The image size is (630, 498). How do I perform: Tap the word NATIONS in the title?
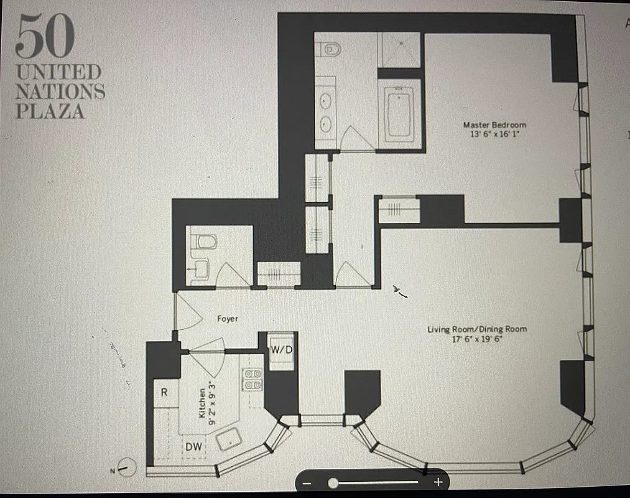pyautogui.click(x=60, y=92)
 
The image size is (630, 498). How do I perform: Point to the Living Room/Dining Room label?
pyautogui.click(x=477, y=329)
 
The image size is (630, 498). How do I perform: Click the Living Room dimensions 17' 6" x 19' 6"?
pyautogui.click(x=477, y=339)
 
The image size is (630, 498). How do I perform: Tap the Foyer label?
pyautogui.click(x=227, y=319)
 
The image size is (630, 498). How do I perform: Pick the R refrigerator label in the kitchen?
pyautogui.click(x=164, y=392)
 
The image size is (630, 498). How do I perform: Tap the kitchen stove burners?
pyautogui.click(x=252, y=379)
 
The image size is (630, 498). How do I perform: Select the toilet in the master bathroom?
pyautogui.click(x=327, y=49)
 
